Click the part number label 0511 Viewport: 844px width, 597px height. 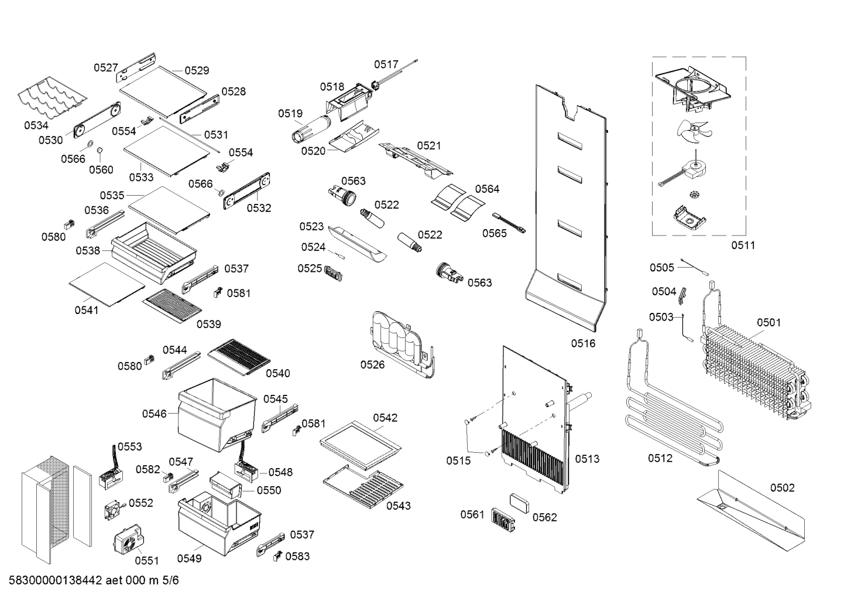tap(743, 245)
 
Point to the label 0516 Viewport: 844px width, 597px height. tap(583, 343)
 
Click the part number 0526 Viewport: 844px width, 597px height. tap(372, 365)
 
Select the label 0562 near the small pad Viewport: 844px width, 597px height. tap(544, 517)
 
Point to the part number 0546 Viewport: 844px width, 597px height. tap(154, 414)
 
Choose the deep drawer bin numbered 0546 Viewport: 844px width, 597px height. tap(215, 413)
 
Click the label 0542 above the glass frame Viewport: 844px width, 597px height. tap(385, 418)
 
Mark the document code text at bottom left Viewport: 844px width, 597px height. tap(94, 581)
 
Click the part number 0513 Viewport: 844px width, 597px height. tap(586, 459)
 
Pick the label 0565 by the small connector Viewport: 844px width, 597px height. tap(495, 233)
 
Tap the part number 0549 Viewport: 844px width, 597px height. tap(189, 558)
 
